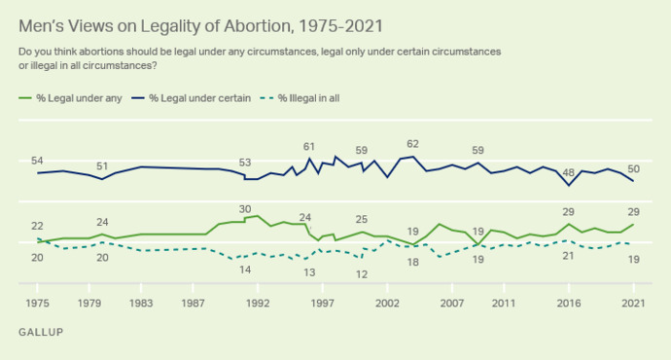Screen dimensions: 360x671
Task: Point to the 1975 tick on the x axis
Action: pos(38,303)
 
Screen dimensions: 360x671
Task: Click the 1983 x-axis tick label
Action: pos(142,303)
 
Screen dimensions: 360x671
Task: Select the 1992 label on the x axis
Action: pos(258,303)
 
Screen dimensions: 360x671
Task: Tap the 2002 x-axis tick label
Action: pos(388,303)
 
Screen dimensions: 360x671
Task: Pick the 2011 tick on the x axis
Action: pos(504,303)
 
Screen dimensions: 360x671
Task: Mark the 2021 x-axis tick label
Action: pos(633,303)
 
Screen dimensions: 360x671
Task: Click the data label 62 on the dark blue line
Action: pos(412,144)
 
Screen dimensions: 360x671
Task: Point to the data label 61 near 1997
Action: pos(309,146)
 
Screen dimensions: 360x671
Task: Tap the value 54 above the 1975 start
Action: pos(38,160)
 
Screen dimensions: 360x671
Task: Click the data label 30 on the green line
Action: pos(246,208)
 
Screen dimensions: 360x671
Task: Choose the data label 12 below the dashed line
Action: pos(361,274)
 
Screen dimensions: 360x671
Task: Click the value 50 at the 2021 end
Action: pos(633,168)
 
